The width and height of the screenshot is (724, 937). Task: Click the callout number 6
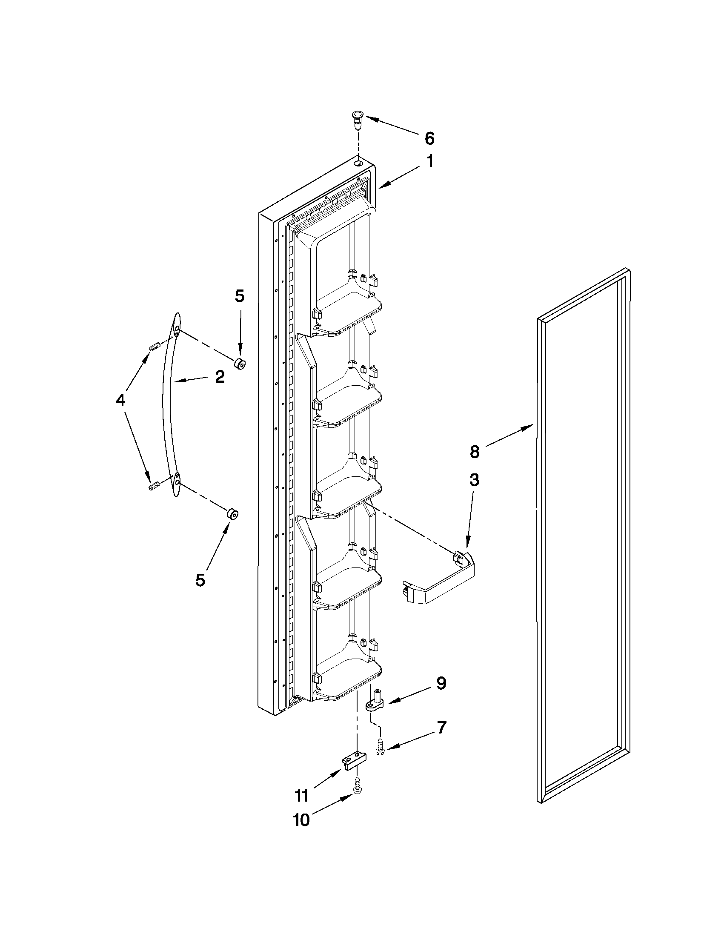[x=429, y=139]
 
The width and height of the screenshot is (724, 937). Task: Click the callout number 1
[x=429, y=162]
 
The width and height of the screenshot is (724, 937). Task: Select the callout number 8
[x=474, y=452]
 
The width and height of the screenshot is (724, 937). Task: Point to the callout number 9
[x=441, y=683]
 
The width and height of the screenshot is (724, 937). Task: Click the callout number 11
[x=301, y=796]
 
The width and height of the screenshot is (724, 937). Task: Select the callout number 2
[x=219, y=377]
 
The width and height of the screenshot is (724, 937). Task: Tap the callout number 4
[x=120, y=400]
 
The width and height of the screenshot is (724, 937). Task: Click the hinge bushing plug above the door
[x=357, y=118]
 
